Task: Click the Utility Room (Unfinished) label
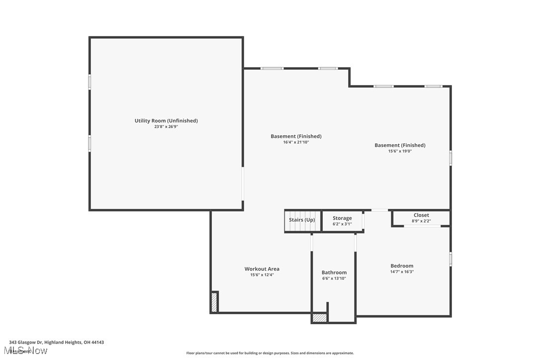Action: coord(166,121)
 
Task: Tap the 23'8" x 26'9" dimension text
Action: coord(166,127)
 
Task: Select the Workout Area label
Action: coord(262,269)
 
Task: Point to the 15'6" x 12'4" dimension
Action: coord(262,275)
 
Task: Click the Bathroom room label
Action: coord(334,272)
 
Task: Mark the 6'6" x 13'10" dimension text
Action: coord(334,278)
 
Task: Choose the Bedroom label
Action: coord(402,266)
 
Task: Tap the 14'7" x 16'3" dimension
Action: coord(402,272)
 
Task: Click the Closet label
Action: coord(421,215)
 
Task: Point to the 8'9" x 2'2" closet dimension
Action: coord(421,221)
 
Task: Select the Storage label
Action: coord(342,218)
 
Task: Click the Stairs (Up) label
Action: coord(302,220)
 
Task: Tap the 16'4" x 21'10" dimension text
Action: coord(296,142)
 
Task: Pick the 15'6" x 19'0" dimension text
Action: coord(400,151)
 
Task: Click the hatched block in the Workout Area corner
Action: coord(214,302)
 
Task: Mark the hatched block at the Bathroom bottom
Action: coord(320,318)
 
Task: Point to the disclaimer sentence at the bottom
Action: coord(270,353)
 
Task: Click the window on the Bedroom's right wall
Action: coord(450,259)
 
